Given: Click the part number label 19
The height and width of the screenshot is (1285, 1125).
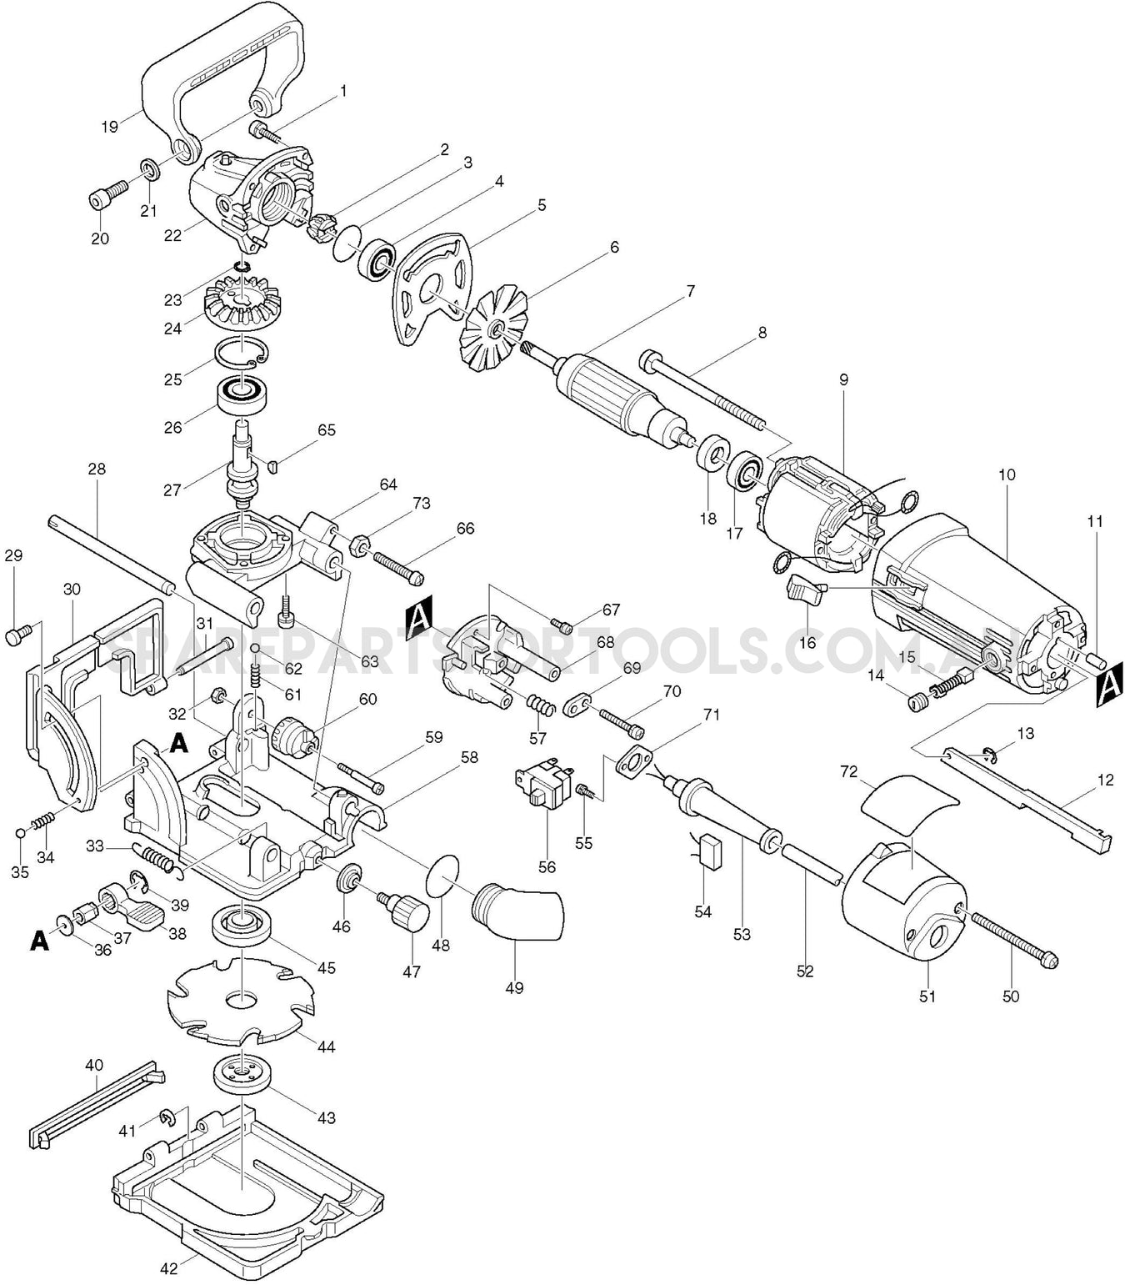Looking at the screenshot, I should (x=109, y=127).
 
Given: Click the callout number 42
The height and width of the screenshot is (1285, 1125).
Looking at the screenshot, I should (x=169, y=1268).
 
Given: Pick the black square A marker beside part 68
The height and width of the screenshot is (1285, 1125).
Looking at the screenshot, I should (x=419, y=623).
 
